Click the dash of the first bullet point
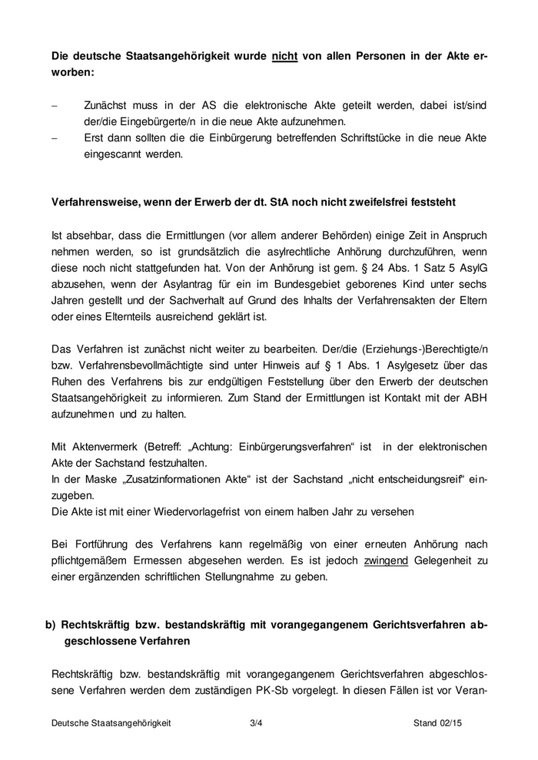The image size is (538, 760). pyautogui.click(x=55, y=104)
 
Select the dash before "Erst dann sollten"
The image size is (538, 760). pyautogui.click(x=55, y=137)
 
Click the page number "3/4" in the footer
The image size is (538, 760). pyautogui.click(x=257, y=723)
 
